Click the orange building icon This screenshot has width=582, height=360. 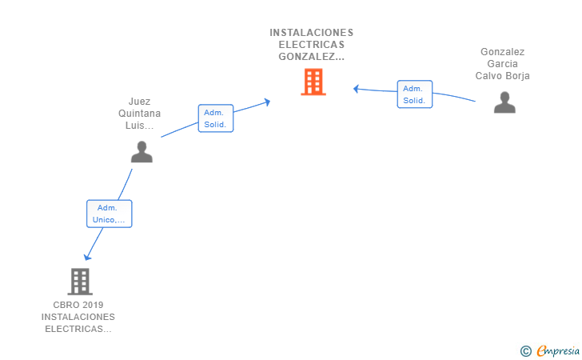(x=313, y=82)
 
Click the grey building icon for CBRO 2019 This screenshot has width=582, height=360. (x=79, y=282)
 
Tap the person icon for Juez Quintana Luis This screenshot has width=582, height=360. (x=142, y=152)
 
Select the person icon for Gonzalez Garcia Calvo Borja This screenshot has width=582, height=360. (x=504, y=102)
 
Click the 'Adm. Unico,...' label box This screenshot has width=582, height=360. (x=109, y=214)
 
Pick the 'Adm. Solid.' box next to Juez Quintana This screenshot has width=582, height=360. (x=215, y=118)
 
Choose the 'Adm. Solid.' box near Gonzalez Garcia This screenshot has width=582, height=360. (x=414, y=94)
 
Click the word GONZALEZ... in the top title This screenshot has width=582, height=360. (x=311, y=57)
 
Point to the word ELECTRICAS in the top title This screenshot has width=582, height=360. (x=311, y=45)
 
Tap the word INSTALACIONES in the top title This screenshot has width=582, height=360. (x=311, y=33)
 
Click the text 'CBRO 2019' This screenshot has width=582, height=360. (x=78, y=305)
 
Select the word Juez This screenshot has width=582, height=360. (x=139, y=102)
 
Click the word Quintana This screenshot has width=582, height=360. (x=139, y=114)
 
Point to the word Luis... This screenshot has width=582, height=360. (x=139, y=126)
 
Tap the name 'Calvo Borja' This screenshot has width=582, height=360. (x=502, y=76)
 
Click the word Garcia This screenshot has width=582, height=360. (x=502, y=64)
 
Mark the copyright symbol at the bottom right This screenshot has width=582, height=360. (x=525, y=350)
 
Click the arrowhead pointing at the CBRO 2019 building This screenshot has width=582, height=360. (x=87, y=257)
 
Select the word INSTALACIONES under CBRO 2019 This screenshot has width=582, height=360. (x=78, y=317)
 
